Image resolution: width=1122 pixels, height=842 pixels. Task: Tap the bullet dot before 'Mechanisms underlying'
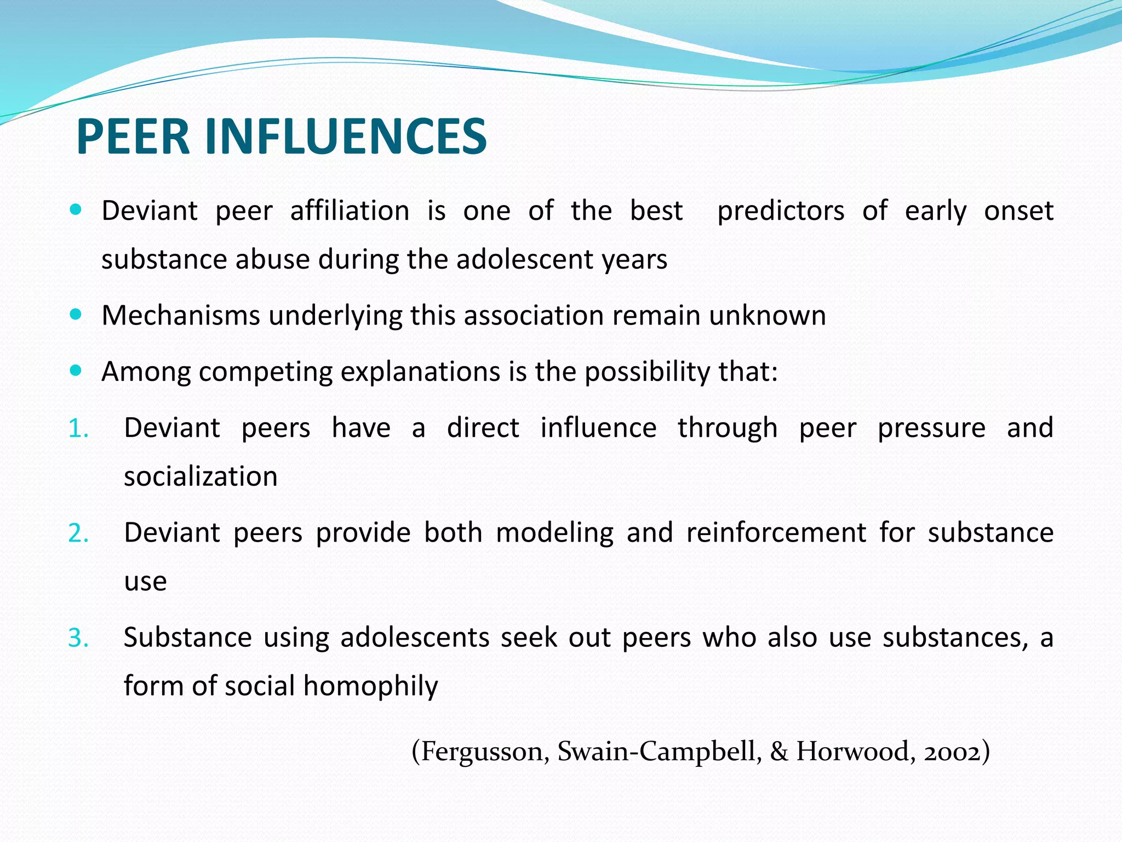coord(76,315)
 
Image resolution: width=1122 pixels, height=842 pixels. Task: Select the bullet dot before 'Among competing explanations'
coord(76,371)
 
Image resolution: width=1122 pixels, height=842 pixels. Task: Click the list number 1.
coord(78,428)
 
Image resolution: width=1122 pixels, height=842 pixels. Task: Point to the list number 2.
coord(78,533)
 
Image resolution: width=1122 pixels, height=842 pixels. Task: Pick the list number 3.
coord(78,638)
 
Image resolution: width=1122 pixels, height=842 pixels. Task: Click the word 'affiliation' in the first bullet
coord(350,211)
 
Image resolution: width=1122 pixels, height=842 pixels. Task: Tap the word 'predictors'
coord(781,211)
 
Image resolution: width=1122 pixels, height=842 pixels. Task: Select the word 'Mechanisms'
coord(181,316)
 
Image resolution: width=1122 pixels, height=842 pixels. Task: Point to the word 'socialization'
coord(201,476)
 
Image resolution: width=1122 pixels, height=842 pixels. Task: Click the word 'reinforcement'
coord(776,533)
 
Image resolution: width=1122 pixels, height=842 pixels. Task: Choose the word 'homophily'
coord(370,686)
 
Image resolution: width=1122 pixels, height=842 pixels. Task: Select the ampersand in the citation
coord(778,752)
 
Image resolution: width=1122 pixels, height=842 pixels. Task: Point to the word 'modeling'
coord(554,533)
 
